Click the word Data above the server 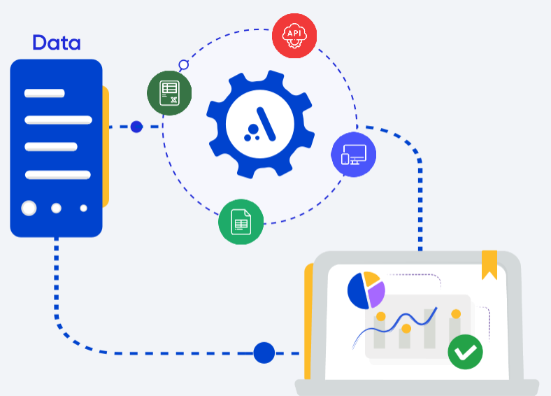(x=57, y=43)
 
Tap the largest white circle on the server (x=29, y=208)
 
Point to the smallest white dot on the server (x=83, y=208)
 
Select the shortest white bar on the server (x=45, y=93)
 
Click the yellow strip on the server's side (x=106, y=147)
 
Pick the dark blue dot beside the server (x=136, y=127)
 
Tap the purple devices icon (x=353, y=155)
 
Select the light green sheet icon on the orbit (x=241, y=222)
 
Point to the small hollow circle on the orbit (x=184, y=65)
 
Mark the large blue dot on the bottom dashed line (x=264, y=353)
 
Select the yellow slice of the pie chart (x=371, y=279)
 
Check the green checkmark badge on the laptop (x=465, y=352)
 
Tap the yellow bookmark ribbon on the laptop (x=489, y=264)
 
